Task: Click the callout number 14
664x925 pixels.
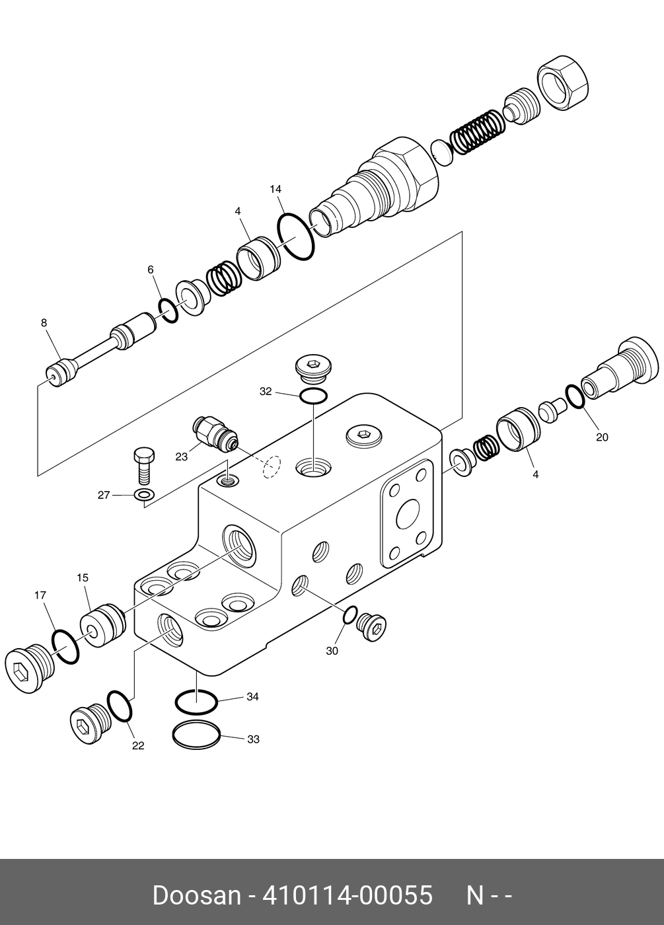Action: [276, 190]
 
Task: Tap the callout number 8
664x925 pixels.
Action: [44, 323]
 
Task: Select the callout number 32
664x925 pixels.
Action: [266, 392]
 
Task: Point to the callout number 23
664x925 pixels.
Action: [182, 456]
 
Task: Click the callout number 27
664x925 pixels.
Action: [104, 495]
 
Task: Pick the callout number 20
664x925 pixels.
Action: [602, 437]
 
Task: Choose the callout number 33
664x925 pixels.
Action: [253, 739]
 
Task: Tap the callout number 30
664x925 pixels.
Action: [332, 651]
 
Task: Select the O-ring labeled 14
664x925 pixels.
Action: [296, 236]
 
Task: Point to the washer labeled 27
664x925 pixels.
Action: [144, 495]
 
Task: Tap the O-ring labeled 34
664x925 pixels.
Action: [196, 702]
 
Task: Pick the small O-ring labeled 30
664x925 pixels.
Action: [350, 615]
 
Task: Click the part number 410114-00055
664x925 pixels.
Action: [348, 895]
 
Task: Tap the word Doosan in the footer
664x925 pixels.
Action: [196, 895]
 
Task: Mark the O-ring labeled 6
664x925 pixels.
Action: [168, 310]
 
